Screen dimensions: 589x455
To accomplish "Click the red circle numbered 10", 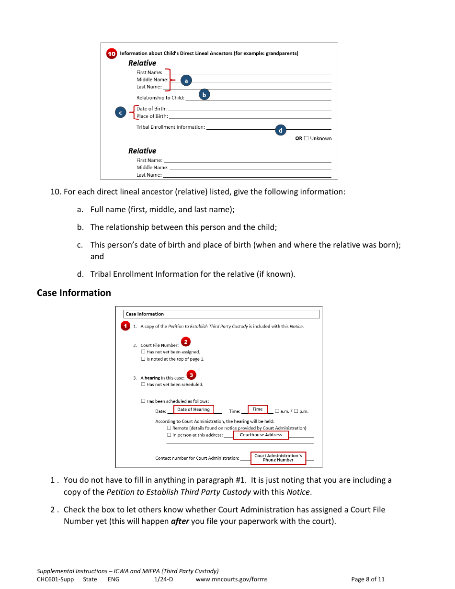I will (111, 54).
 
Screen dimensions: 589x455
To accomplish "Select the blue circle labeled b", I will (204, 95).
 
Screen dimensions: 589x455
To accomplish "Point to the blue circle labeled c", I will (121, 113).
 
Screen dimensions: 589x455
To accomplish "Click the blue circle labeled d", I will (281, 130).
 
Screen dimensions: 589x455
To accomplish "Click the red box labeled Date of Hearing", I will (193, 409).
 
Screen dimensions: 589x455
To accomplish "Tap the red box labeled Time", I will (258, 409).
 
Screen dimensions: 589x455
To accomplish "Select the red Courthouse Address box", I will (261, 435).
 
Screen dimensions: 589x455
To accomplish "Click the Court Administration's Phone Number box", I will (278, 458).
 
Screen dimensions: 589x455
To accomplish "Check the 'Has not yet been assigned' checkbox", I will (143, 351).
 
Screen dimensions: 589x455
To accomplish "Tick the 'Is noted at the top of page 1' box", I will (143, 359).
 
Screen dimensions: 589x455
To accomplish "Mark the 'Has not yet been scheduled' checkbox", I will (143, 384).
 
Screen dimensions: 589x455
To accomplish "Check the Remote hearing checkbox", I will (169, 428).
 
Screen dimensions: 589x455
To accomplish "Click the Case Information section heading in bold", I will (74, 293).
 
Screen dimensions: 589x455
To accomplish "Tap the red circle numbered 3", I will (192, 375).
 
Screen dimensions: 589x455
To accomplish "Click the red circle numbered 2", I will (186, 342).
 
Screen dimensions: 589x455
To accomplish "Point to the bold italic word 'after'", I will (180, 521).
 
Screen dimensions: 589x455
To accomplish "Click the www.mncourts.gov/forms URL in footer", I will (232, 579).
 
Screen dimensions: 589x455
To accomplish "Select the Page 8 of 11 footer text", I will (368, 579).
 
